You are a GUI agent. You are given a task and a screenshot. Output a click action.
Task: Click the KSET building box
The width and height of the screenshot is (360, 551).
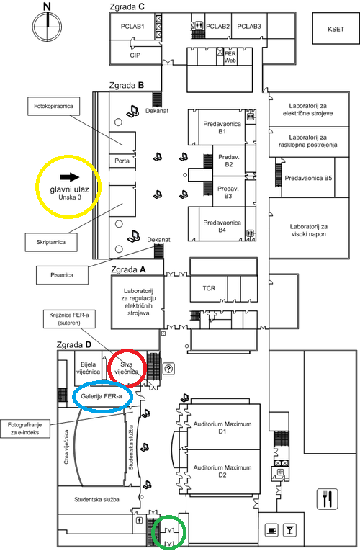(336, 29)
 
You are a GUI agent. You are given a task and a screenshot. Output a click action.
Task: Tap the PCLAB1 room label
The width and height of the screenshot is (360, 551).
(132, 27)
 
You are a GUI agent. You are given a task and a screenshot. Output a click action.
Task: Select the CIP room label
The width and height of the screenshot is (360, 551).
(135, 55)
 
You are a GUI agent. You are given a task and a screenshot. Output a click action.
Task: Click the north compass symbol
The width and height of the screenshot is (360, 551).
(47, 25)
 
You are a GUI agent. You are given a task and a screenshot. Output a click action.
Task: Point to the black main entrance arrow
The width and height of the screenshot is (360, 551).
(70, 177)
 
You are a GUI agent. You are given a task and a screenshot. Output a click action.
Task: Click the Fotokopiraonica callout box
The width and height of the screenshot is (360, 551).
(53, 106)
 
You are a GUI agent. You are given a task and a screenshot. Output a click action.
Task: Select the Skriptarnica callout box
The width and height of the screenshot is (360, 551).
(51, 242)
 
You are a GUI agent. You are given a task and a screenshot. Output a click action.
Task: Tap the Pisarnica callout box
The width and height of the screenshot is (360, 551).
(62, 275)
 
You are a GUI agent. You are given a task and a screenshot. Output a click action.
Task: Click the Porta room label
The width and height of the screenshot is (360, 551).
(122, 161)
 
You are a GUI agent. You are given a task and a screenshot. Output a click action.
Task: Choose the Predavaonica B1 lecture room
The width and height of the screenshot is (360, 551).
(222, 127)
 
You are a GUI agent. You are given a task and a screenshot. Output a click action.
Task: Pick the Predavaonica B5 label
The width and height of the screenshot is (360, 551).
(308, 178)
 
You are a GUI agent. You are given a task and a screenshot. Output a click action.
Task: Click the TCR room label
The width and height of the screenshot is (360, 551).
(209, 288)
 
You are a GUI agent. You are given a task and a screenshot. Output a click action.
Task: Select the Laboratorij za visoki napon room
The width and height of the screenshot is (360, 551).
(309, 228)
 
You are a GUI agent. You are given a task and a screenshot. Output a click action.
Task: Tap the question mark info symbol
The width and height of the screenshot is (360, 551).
(169, 369)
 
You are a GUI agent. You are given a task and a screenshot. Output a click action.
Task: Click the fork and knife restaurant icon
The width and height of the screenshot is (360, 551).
(327, 499)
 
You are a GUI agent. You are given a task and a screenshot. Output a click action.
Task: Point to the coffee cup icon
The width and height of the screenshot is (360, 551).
(272, 529)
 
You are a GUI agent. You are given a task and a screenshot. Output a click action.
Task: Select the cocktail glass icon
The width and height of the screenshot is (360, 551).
(289, 529)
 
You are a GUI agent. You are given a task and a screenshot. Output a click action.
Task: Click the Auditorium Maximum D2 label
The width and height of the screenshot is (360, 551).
(222, 471)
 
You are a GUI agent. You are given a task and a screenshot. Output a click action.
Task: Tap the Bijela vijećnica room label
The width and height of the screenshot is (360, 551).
(88, 368)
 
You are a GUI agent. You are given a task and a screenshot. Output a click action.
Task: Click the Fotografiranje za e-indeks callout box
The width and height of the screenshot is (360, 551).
(24, 429)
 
